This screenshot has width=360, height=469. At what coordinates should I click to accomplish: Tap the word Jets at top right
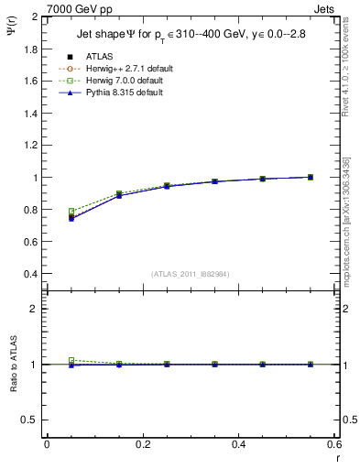[325, 9]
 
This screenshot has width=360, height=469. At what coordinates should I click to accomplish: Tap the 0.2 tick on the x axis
[142, 444]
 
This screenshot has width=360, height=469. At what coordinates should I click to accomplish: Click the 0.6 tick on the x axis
[333, 444]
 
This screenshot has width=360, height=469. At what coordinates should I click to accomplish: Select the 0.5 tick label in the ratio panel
[31, 420]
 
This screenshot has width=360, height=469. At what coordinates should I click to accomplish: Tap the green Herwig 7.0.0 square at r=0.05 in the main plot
[71, 212]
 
